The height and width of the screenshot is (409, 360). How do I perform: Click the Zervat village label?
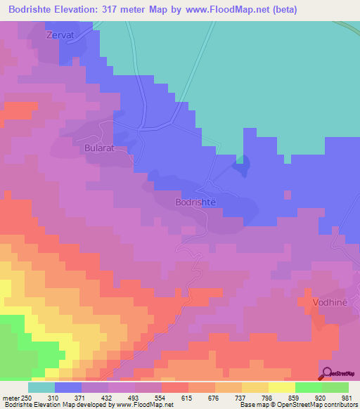[60, 34]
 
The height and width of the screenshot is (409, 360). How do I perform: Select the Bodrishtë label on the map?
[194, 202]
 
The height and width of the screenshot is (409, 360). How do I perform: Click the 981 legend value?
[349, 397]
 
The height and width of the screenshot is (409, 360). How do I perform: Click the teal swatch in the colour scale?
[41, 387]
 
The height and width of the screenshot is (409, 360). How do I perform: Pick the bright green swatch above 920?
[308, 387]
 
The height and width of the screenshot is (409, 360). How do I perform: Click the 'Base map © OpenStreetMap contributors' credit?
[298, 405]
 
